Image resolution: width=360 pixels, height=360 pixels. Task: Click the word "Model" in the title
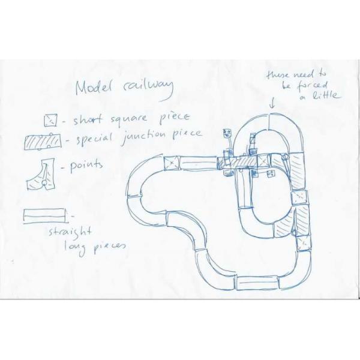tap(94, 88)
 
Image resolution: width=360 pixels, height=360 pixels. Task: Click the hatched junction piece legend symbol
tap(42, 141)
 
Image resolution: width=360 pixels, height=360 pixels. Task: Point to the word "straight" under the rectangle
tap(71, 232)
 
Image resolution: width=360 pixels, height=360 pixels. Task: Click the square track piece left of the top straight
tap(172, 162)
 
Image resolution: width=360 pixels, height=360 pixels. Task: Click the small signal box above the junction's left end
tap(227, 133)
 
